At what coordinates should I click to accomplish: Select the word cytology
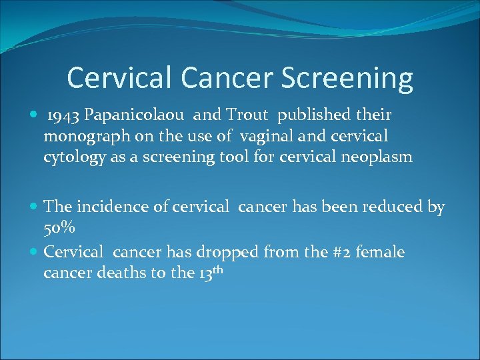(x=71, y=158)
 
